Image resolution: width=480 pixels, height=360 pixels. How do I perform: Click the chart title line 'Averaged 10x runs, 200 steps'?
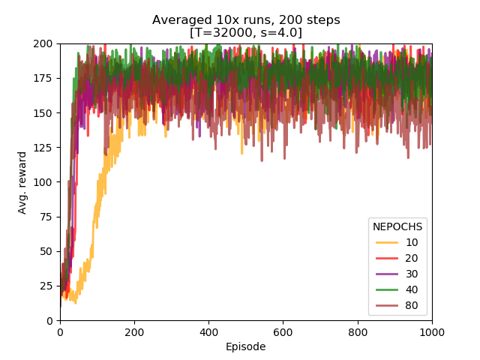pos(246,20)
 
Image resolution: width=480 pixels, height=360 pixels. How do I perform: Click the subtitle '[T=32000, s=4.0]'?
pos(246,32)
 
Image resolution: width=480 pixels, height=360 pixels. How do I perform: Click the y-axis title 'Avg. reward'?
pos(22,182)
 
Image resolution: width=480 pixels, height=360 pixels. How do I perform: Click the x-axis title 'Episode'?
pos(246,346)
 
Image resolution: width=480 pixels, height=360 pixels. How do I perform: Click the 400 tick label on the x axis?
pos(208,331)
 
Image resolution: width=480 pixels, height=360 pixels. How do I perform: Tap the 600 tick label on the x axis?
pos(283,331)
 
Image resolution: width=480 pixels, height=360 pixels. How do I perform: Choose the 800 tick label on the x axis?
pos(358,331)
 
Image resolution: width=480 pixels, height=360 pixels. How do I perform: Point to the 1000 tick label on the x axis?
pos(432,331)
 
